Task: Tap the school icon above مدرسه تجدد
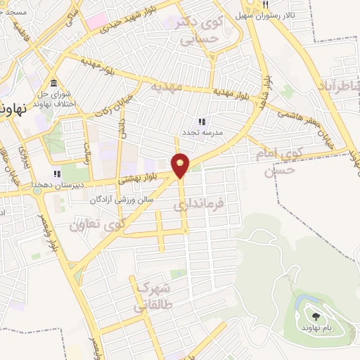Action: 202,121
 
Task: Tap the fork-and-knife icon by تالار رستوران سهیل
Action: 265,4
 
